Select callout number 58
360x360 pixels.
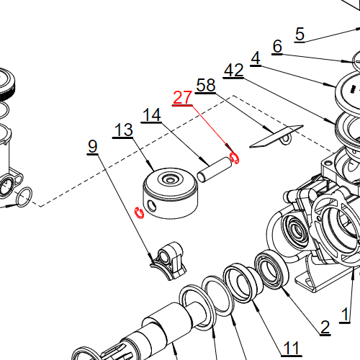[x=205, y=85]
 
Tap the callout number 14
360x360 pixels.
[x=150, y=114]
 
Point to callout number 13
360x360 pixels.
[x=123, y=130]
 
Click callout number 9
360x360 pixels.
[x=92, y=146]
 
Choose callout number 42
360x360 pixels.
[x=233, y=70]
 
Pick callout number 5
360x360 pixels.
[x=300, y=33]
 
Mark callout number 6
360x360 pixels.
[x=277, y=47]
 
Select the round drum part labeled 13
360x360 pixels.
[x=171, y=194]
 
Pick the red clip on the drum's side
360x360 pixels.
[x=140, y=212]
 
